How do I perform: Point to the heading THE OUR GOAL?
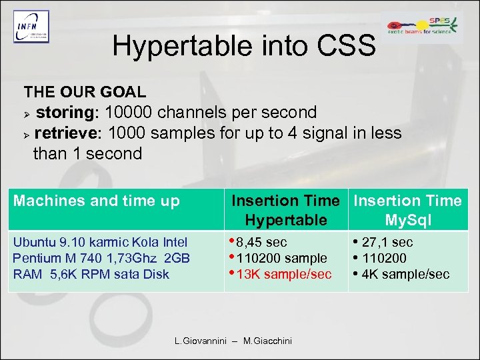tap(85, 91)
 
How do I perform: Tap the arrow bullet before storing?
tap(27, 113)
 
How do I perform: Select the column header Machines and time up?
tap(97, 201)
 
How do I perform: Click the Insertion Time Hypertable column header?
tap(285, 210)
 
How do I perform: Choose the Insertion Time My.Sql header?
tap(407, 210)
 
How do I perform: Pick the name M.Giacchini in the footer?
tap(267, 341)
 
